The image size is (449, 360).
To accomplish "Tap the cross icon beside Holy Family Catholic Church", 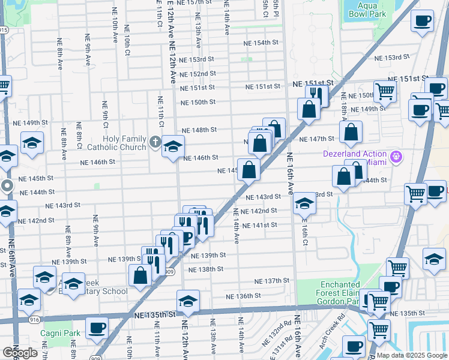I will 155,143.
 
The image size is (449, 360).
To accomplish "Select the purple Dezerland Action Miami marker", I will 396,158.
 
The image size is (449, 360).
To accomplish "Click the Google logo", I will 20,352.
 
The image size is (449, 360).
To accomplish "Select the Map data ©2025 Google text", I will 411,355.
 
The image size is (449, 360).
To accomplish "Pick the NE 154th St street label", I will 261,43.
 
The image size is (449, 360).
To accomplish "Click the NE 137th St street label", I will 271,281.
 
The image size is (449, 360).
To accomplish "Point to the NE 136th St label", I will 243,296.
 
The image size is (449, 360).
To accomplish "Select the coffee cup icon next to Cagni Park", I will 97,328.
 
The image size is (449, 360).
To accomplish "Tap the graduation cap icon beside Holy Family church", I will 173,146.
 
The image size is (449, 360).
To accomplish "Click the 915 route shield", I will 4,29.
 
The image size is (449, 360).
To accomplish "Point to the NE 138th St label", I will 205,269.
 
